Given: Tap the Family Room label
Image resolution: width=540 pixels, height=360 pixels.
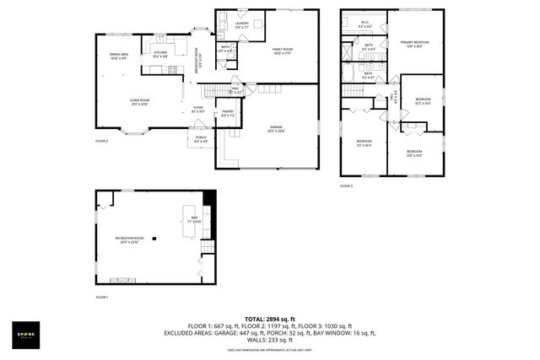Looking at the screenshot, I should pyautogui.click(x=282, y=51).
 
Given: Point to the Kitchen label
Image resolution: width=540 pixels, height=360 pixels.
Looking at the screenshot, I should pyautogui.click(x=159, y=55).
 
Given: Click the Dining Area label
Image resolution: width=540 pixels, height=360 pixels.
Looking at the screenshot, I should pyautogui.click(x=119, y=56).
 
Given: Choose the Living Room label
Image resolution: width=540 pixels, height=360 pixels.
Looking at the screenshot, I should pyautogui.click(x=139, y=101).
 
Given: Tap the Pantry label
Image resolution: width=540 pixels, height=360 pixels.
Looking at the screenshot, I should pyautogui.click(x=227, y=113).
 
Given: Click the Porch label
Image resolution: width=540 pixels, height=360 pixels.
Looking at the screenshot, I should pyautogui.click(x=201, y=138).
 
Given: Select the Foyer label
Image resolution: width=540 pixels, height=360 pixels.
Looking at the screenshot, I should pyautogui.click(x=197, y=108).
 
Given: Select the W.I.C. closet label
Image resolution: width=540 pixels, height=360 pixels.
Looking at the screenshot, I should pyautogui.click(x=364, y=24).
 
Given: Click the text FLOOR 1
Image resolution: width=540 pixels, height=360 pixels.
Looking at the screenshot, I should pyautogui.click(x=102, y=298).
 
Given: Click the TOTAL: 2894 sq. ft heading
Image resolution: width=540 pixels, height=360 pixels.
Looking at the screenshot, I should pyautogui.click(x=269, y=319).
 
